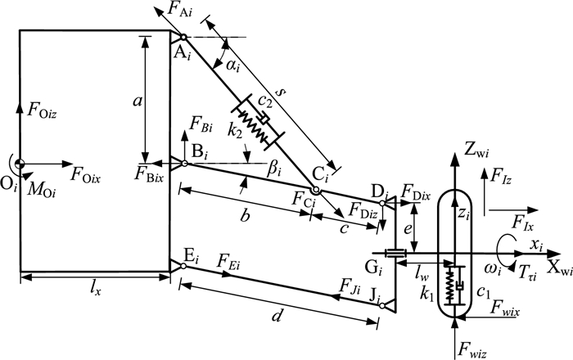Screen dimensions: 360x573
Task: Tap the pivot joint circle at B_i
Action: click(x=185, y=164)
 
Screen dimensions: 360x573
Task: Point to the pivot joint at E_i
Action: click(x=185, y=264)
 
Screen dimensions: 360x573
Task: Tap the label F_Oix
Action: click(x=88, y=173)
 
